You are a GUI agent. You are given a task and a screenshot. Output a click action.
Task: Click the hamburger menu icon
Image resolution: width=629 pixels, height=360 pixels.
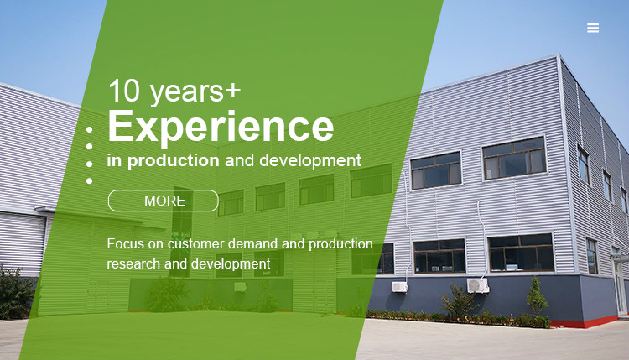593,28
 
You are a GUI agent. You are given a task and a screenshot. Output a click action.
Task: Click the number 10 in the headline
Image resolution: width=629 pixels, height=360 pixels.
124,91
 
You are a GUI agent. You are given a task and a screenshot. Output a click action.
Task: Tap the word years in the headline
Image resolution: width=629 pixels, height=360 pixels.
186,92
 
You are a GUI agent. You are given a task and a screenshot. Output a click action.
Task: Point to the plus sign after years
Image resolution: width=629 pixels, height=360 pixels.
232,91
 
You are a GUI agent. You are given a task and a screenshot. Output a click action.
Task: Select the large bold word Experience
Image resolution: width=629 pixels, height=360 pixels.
221,126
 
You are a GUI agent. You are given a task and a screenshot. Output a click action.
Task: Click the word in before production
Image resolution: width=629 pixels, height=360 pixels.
114,160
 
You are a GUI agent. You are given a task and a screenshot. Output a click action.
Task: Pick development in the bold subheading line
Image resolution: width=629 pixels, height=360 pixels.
310,161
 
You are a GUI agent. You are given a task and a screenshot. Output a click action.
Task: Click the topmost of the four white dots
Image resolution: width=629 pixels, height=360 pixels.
89,129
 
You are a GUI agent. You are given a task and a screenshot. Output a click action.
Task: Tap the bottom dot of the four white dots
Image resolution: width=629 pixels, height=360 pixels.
89,181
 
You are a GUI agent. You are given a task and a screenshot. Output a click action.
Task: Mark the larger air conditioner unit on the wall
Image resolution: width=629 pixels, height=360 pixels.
478,286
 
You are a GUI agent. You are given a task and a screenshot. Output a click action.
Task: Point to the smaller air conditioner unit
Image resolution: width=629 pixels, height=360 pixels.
400,287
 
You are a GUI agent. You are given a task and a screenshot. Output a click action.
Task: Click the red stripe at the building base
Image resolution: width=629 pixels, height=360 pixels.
584,322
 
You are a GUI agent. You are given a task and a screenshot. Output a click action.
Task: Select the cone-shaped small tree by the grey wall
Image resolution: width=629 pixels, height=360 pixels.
537,297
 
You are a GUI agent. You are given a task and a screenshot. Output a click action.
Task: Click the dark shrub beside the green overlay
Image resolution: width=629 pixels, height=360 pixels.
16,292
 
